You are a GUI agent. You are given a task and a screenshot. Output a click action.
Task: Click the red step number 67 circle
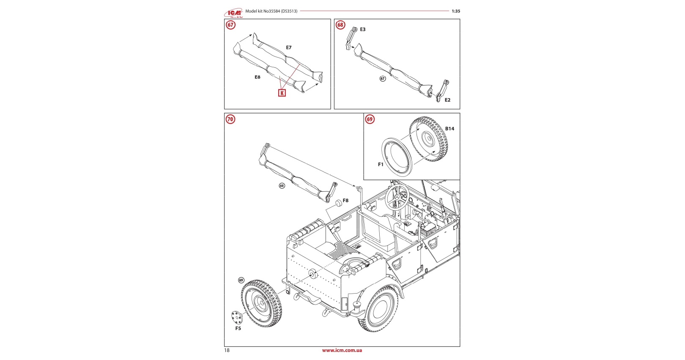[x=230, y=25]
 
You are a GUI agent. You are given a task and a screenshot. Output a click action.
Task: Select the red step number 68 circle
[x=340, y=25]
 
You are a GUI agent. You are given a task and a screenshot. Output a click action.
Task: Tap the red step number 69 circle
[x=370, y=119]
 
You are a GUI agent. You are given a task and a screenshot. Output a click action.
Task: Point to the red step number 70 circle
[x=230, y=119]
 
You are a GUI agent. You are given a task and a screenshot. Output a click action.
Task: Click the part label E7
[x=288, y=48]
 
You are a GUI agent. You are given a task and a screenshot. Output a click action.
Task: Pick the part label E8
[x=258, y=77]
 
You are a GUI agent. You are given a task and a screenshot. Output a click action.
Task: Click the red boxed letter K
[x=282, y=93]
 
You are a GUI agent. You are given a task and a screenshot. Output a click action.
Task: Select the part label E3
[x=362, y=30]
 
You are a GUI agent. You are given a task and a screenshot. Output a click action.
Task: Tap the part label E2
[x=447, y=100]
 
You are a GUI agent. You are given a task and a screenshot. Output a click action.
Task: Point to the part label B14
[x=449, y=129]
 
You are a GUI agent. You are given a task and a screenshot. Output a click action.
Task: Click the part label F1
[x=381, y=165]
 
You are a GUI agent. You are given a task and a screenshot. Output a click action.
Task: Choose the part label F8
[x=345, y=201]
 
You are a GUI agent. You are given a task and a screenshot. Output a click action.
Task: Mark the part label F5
[x=238, y=329]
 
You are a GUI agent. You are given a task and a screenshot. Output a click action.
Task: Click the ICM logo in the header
[x=233, y=13]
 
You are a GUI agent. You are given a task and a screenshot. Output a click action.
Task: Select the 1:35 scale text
[x=455, y=11]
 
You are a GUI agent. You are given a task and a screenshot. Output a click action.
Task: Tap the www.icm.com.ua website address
[x=342, y=350]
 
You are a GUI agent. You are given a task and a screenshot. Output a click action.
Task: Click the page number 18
[x=227, y=350]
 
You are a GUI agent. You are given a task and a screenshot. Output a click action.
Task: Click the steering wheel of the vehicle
[x=396, y=196]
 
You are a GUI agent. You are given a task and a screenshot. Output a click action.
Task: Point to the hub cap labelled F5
[x=236, y=316]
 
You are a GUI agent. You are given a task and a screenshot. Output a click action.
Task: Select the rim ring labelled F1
[x=397, y=156]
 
